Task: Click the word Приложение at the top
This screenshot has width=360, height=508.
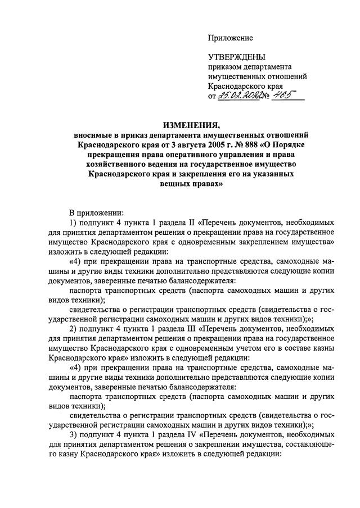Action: point(231,38)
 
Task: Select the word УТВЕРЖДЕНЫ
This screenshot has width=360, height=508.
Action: point(236,57)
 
